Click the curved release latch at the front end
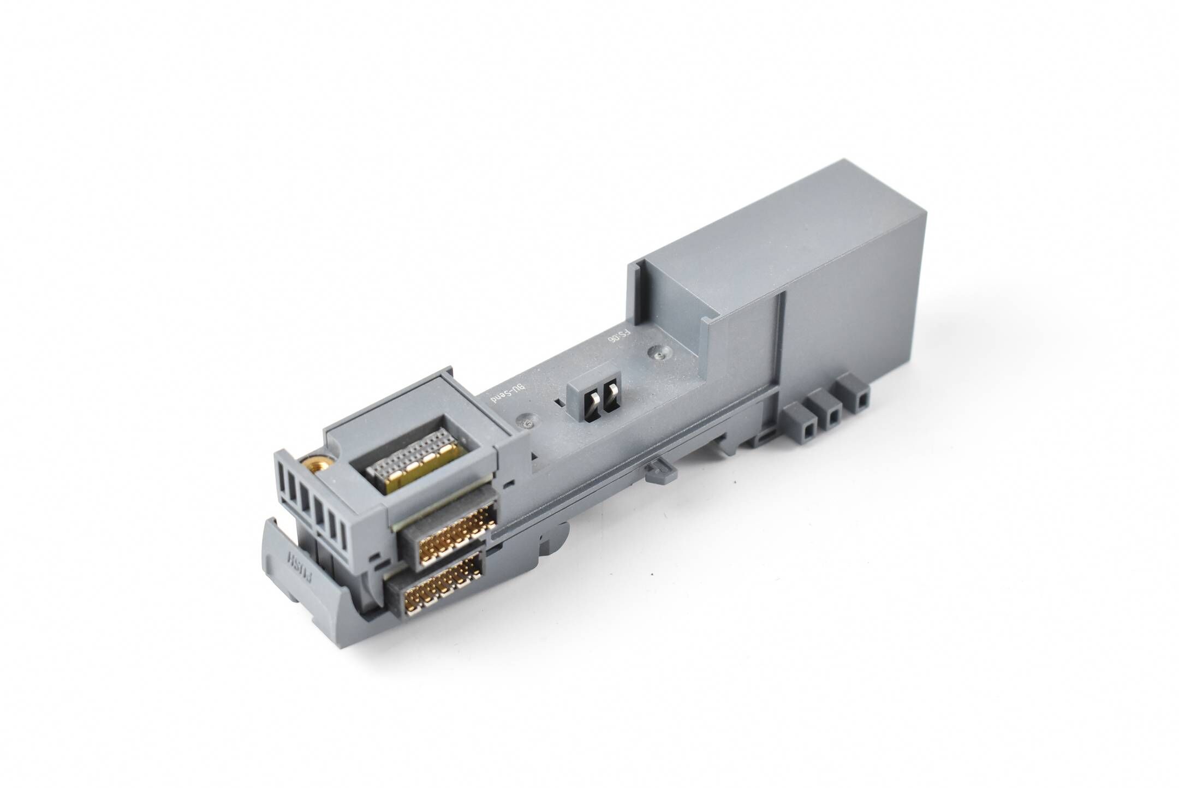306,578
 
